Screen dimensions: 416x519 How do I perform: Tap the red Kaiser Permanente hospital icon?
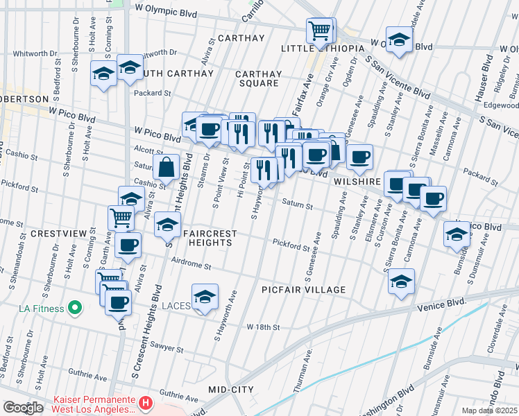[x=145, y=402]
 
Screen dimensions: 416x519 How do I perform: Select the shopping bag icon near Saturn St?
[x=167, y=168]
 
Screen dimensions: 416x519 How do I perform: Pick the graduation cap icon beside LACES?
[x=205, y=297]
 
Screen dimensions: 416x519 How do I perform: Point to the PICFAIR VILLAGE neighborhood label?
[x=303, y=290]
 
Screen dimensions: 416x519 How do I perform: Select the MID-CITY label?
[x=232, y=390]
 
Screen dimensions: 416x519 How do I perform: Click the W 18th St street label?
[x=262, y=327]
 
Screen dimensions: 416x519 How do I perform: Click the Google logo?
[x=23, y=408]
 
